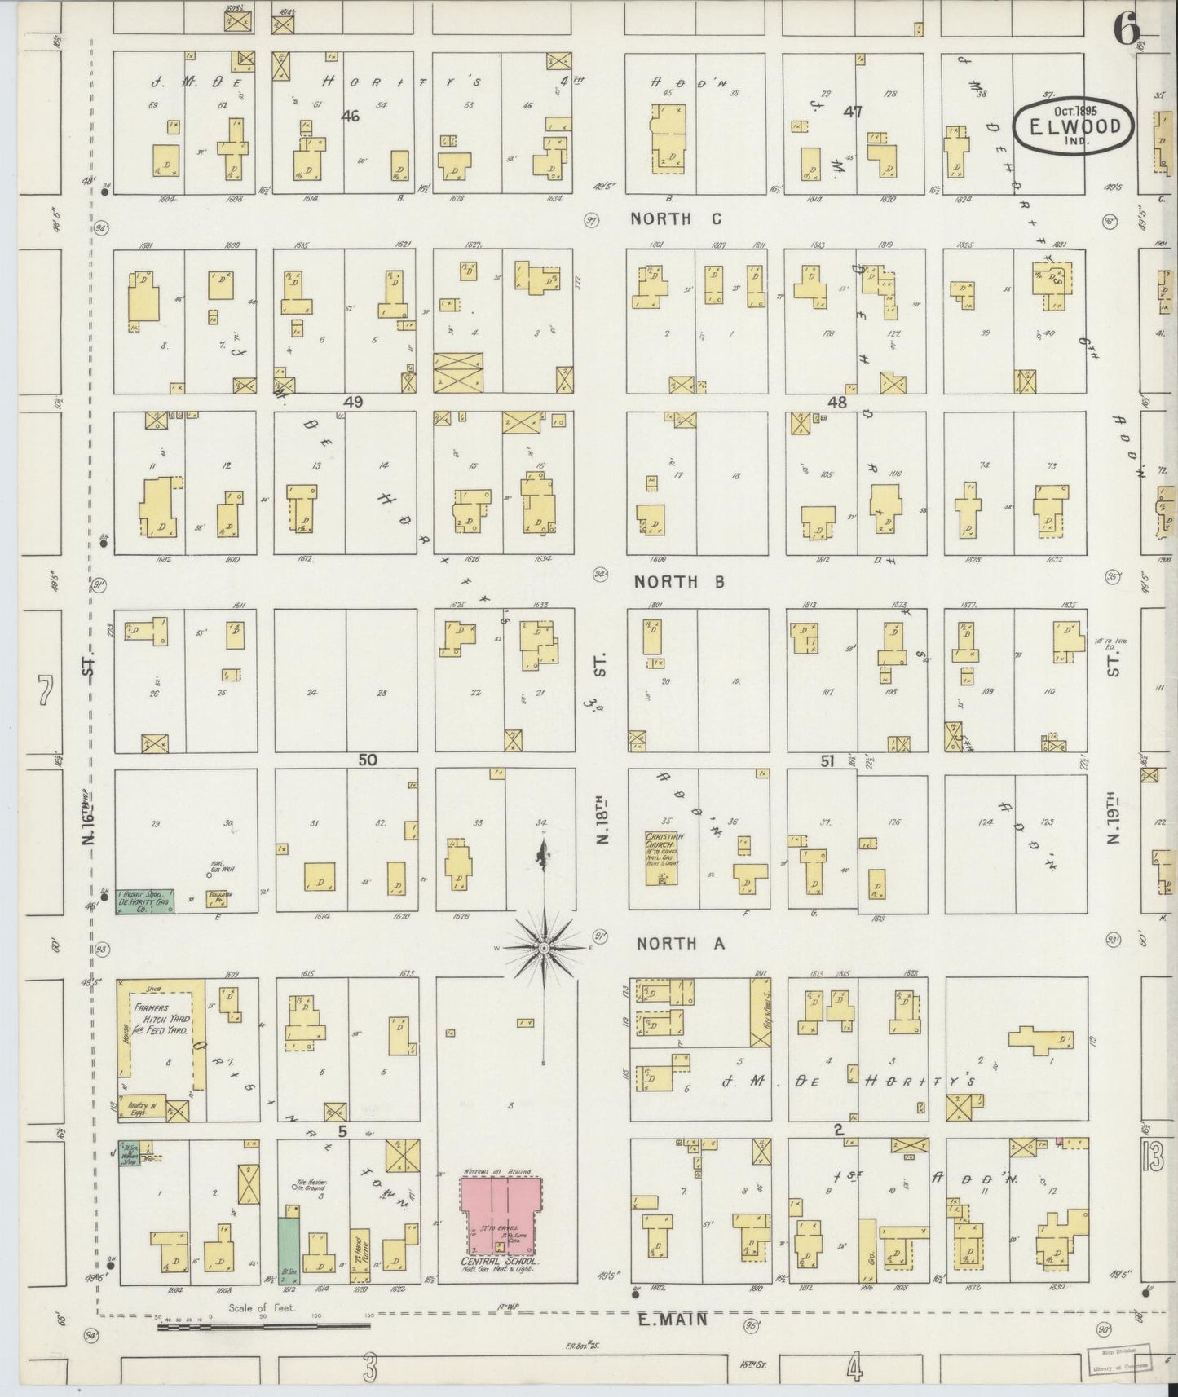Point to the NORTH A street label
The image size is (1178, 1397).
[x=680, y=944]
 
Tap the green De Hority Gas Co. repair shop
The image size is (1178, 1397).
[x=145, y=901]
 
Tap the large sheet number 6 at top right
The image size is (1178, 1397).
[x=1126, y=31]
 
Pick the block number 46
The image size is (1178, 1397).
[x=351, y=117]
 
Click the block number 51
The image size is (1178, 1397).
[x=827, y=760]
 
